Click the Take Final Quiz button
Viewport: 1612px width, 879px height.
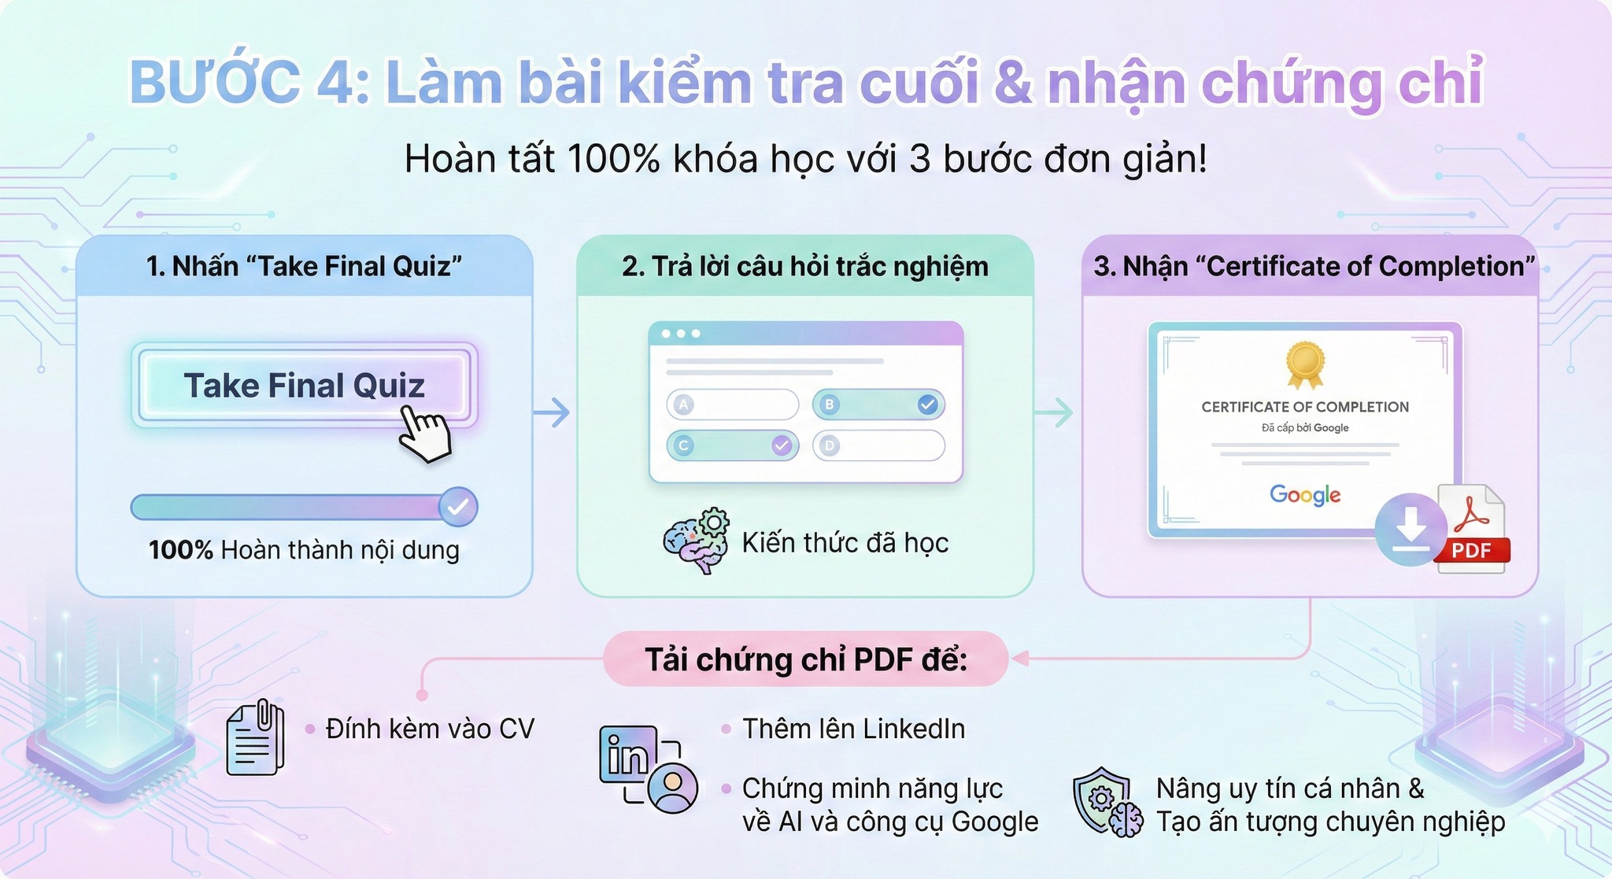pos(305,386)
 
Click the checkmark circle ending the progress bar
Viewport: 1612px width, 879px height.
pos(457,507)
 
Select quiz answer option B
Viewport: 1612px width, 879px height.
pos(878,404)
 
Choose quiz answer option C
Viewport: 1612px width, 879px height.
pos(733,445)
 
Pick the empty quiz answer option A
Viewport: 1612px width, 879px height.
pos(733,404)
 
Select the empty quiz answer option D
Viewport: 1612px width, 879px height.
pos(878,445)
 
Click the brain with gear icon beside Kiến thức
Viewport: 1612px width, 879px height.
pos(696,541)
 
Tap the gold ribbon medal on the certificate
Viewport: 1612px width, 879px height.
pos(1305,365)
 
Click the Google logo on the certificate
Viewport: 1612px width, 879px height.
pos(1305,495)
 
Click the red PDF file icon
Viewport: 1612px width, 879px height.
pos(1470,528)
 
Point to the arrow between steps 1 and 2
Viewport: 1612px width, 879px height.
pos(552,412)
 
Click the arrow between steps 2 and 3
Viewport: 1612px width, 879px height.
pos(1054,412)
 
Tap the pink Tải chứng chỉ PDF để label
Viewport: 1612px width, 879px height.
pos(806,659)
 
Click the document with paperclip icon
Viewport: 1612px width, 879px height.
pos(255,737)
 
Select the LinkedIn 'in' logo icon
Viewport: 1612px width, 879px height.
pos(628,754)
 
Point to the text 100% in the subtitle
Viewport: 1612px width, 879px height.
pos(613,159)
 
